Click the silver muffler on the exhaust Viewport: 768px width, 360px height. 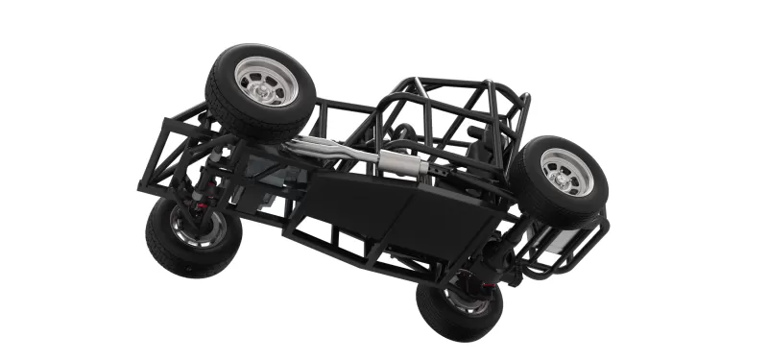click(403, 162)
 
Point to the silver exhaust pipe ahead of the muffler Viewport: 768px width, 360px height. click(326, 149)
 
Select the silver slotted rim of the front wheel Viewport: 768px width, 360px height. click(266, 82)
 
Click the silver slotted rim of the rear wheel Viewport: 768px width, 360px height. click(566, 172)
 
